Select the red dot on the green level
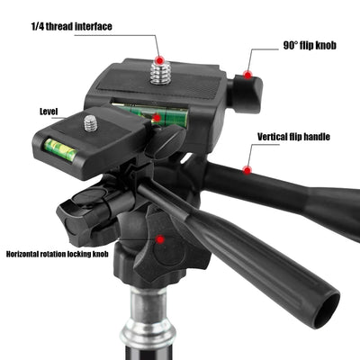157,117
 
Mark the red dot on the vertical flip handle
245,168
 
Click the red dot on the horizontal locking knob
160,239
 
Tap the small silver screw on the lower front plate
91,122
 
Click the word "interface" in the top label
93,26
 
